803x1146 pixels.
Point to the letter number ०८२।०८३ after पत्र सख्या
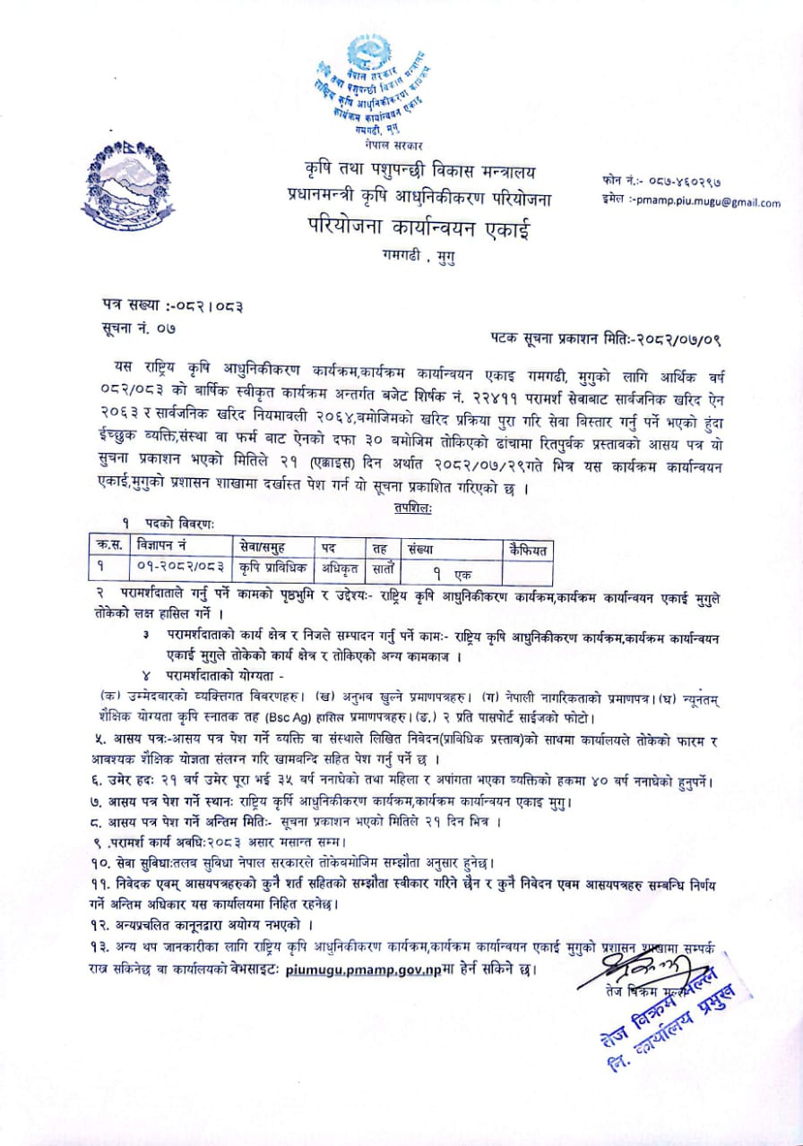205,305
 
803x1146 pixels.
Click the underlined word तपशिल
411,508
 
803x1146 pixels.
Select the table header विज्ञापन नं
167,545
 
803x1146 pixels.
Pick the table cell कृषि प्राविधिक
273,567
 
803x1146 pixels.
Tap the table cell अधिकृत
341,567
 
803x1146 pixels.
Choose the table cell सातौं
380,567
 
